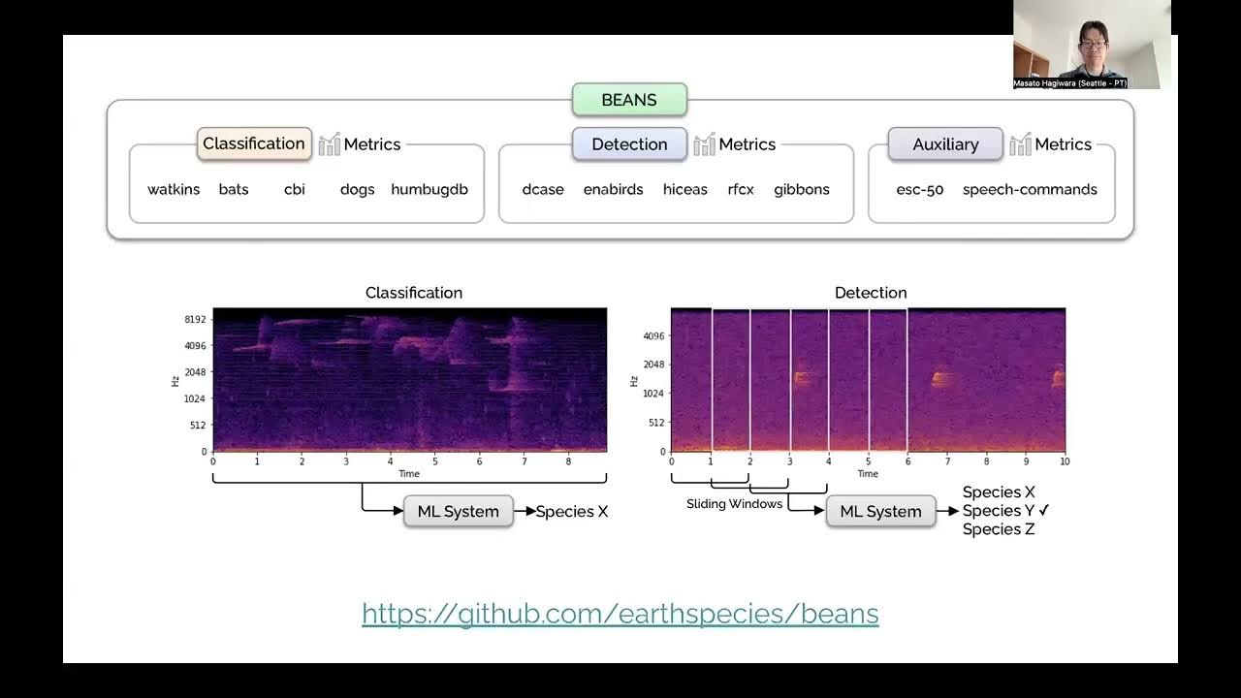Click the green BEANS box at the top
629,100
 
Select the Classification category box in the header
254,143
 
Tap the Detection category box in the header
629,144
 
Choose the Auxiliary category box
945,144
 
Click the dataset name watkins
174,189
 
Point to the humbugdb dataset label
430,189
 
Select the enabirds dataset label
613,189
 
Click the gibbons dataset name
802,189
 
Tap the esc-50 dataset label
920,189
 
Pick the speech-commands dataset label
1030,189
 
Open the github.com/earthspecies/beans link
620,614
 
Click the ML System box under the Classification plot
458,511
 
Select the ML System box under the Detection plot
880,511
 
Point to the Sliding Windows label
734,504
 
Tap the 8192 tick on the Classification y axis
195,319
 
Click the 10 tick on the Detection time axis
1065,460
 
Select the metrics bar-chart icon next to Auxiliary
1020,144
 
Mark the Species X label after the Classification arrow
572,511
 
